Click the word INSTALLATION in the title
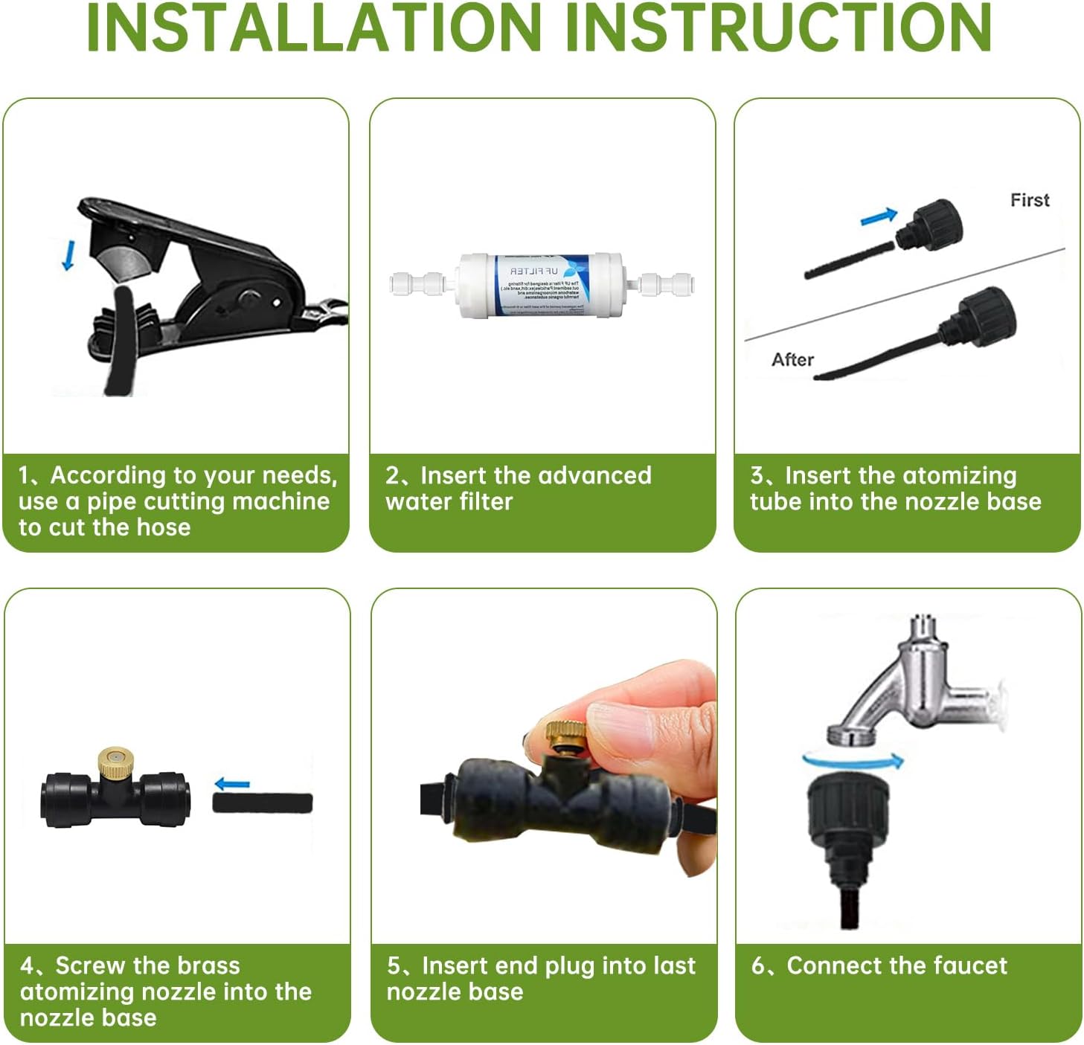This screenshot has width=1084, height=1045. [313, 28]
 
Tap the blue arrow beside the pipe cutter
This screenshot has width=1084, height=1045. [68, 255]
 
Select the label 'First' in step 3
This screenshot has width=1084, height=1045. [1029, 200]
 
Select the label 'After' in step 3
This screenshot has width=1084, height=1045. [792, 360]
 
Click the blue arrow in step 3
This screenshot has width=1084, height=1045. [879, 216]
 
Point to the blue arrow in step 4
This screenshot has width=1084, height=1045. [232, 784]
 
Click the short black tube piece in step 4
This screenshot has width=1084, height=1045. [262, 803]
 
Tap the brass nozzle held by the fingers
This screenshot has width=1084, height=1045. [564, 736]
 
